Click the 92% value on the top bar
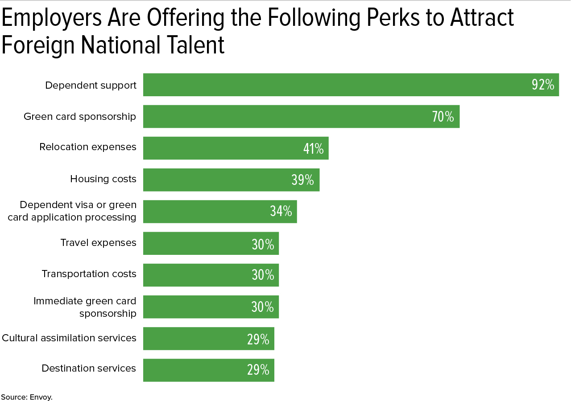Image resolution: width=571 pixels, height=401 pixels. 542,85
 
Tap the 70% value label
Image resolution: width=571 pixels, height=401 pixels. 443,117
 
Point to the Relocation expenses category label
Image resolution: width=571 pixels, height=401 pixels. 88,147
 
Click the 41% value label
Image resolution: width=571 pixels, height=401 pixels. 313,148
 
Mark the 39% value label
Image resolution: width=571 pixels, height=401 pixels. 302,180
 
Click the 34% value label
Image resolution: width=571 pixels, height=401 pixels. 281,211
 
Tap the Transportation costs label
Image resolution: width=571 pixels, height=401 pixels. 89,274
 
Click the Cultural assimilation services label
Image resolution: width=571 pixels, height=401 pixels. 69,338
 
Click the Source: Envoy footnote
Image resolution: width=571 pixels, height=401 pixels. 27,397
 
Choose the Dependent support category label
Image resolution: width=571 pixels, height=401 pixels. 91,85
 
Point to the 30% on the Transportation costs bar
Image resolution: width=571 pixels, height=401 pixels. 263,275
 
